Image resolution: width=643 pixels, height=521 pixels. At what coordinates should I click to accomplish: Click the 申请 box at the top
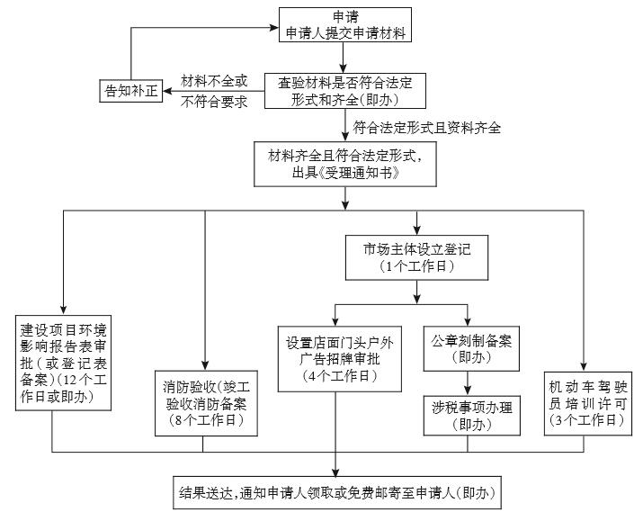coord(345,26)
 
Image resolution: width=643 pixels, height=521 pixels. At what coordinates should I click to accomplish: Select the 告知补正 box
coord(130,91)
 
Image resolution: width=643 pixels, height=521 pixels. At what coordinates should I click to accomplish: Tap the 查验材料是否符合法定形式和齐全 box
coord(345,91)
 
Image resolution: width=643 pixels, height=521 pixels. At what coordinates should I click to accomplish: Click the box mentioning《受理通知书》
coord(345,163)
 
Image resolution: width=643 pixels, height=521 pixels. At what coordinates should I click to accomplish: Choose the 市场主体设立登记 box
coord(415,257)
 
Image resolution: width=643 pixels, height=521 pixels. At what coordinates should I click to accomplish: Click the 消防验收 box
coord(204,401)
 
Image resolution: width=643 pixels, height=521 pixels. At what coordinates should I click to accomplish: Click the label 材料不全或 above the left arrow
coord(214,81)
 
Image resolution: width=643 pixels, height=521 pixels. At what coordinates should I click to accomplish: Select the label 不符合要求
coord(214,102)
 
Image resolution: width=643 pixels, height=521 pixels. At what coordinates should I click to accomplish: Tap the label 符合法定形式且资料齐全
coord(427,128)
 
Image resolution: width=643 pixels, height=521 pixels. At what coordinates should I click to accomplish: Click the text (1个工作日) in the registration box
coord(415,267)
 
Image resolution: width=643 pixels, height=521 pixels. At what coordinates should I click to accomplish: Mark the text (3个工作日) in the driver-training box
coord(585,419)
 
